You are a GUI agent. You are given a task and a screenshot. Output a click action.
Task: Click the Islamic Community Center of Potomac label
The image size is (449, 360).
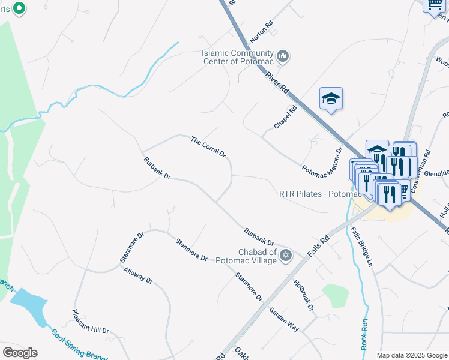coord(237,57)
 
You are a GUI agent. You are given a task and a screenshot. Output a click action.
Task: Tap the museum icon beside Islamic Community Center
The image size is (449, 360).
coord(283,57)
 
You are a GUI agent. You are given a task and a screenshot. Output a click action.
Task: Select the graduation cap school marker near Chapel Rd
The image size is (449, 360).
coord(330,98)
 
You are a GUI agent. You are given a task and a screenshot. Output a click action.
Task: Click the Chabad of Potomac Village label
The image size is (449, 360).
coord(249,256)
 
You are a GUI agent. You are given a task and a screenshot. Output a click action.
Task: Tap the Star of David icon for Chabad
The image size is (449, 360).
coord(286,256)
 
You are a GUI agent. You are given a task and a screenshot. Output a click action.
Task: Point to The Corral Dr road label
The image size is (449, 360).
coord(208,147)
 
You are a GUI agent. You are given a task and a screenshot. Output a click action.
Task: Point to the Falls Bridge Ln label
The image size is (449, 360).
coord(362,248)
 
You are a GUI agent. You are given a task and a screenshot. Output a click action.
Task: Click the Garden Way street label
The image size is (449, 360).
coord(284,319)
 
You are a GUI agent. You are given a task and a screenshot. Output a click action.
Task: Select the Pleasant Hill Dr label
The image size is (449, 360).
coord(91,322)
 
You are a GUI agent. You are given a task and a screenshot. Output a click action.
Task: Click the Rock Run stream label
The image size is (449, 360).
coord(365,334)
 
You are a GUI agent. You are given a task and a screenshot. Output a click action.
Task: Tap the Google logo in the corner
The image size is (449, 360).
coord(20,353)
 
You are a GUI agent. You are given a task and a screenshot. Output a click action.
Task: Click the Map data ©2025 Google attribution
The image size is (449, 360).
coord(411,355)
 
